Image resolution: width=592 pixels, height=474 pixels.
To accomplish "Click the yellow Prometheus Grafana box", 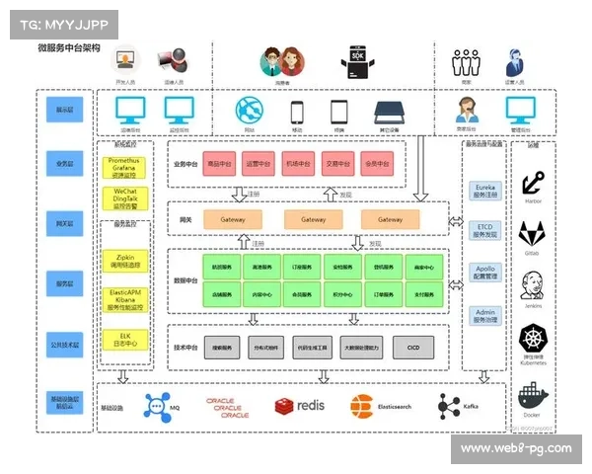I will pos(125,166).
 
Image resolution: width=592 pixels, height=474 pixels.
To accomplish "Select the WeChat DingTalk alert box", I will pos(125,197).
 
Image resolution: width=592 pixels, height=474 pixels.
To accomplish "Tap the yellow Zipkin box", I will pos(125,261).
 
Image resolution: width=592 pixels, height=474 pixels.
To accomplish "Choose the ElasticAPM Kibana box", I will pos(125,299).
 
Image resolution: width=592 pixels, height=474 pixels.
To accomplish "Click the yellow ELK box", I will pos(125,338).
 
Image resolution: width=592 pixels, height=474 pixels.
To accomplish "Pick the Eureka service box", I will pos(485,191).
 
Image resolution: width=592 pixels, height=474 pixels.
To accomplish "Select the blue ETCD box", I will pos(485,230).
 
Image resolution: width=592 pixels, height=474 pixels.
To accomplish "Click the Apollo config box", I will pos(485,273).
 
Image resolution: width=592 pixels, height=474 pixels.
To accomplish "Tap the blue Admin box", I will pos(485,315).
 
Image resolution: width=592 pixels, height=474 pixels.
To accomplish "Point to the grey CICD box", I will pos(412,348).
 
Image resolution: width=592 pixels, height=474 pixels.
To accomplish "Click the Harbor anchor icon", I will pos(533,182).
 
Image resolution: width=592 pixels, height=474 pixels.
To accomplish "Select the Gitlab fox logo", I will pos(533,233).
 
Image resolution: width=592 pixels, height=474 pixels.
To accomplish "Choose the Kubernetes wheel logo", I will pos(533,339).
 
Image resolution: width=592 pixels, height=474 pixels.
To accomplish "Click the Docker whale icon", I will pos(533,396).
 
